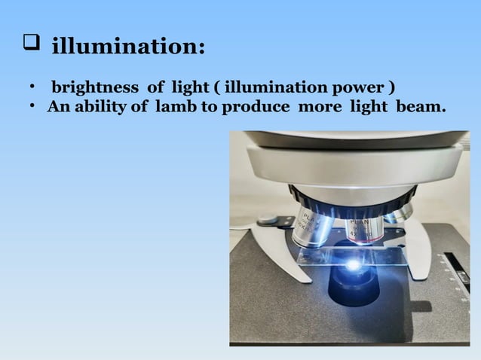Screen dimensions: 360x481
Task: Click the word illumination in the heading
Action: point(127,47)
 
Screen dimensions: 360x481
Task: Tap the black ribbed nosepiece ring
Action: point(354,197)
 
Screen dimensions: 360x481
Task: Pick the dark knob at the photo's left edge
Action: point(268,221)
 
